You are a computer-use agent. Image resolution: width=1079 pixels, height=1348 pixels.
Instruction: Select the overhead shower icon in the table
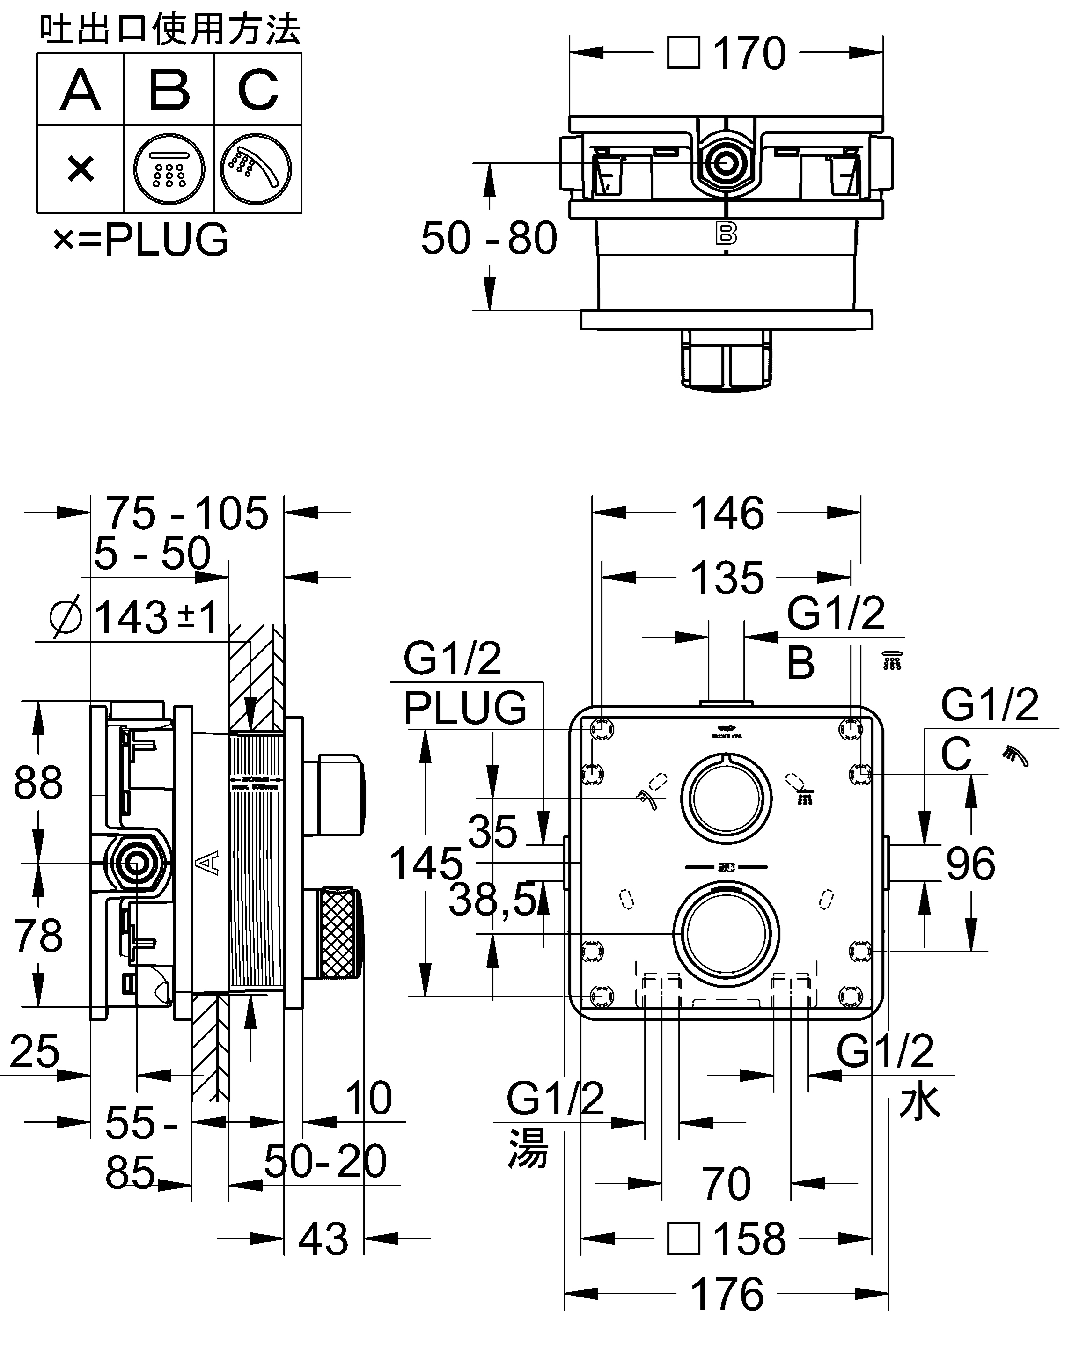pyautogui.click(x=169, y=169)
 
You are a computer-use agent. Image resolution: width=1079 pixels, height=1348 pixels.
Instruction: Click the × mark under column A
pyautogui.click(x=81, y=169)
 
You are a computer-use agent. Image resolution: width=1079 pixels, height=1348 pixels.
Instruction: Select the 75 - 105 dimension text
pyautogui.click(x=187, y=513)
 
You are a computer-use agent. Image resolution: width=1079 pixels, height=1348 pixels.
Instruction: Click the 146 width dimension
pyautogui.click(x=727, y=513)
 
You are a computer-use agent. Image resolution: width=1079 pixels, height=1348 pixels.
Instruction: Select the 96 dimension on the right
pyautogui.click(x=970, y=864)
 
